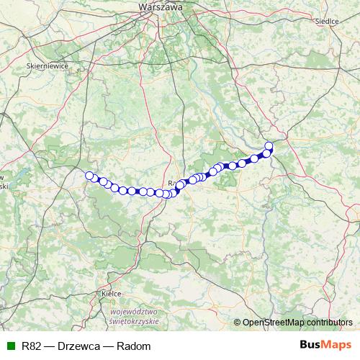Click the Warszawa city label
(160, 6)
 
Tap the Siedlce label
(327, 22)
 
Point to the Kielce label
(111, 294)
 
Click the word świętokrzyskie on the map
(134, 321)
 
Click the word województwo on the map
(135, 312)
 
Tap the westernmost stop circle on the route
(90, 176)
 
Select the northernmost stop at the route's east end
(269, 146)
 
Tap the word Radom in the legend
(136, 346)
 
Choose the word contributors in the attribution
(328, 322)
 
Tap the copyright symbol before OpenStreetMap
(237, 322)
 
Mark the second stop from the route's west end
(95, 179)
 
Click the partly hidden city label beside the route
(171, 183)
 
